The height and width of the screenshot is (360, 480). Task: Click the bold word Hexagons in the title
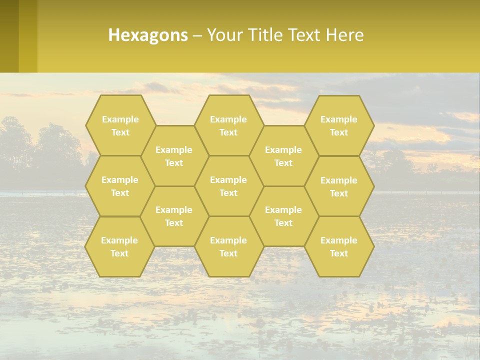(148, 35)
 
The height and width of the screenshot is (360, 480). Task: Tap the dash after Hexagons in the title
(197, 35)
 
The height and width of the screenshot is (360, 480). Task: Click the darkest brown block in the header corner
(9, 36)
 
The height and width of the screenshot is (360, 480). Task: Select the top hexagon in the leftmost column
(120, 125)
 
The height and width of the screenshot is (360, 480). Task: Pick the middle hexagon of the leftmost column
(120, 186)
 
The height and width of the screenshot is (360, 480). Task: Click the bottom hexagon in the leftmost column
(119, 246)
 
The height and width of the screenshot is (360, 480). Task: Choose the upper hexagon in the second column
(174, 156)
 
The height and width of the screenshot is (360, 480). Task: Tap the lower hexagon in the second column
(174, 216)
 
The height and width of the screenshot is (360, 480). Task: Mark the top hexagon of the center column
(228, 125)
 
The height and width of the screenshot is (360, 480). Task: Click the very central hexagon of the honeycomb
(228, 186)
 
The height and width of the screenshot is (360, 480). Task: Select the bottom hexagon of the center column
(228, 246)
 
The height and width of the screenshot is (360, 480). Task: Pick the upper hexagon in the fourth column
(283, 156)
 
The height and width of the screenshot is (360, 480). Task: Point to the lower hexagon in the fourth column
(283, 216)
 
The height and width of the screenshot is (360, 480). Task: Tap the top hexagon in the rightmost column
(339, 125)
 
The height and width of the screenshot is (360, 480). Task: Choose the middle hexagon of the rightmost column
(339, 186)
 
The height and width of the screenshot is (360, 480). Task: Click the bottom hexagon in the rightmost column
(339, 246)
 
